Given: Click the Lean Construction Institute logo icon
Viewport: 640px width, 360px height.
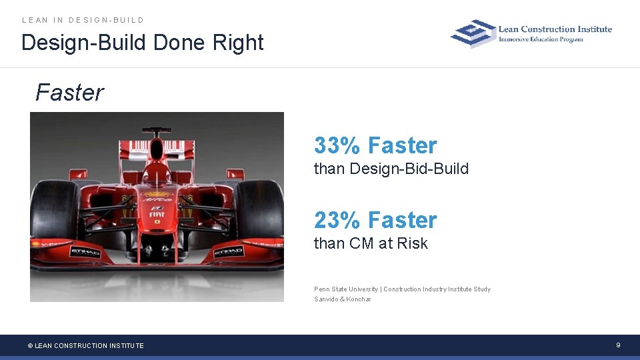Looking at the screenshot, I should (x=473, y=33).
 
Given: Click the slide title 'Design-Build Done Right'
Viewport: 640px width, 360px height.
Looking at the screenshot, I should (x=143, y=43).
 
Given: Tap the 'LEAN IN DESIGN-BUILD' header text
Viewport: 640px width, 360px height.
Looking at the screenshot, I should (x=83, y=20).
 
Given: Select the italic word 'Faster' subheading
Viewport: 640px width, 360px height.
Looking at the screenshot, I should (x=69, y=93).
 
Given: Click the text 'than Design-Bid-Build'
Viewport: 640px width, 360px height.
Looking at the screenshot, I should (x=391, y=169).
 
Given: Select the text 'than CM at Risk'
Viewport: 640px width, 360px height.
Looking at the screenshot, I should (x=371, y=244).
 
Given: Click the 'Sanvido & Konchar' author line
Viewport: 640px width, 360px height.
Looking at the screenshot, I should (x=343, y=299).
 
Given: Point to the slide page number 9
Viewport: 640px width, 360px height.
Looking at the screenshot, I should (x=619, y=345).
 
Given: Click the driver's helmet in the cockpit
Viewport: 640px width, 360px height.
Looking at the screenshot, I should (x=157, y=174).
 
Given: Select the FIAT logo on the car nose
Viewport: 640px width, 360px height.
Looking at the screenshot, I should (x=157, y=214).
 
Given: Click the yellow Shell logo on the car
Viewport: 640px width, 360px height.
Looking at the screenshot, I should (x=157, y=194).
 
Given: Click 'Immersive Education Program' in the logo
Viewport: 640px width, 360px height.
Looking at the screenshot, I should (x=541, y=39).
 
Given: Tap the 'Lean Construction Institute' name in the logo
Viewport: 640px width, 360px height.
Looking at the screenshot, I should (x=555, y=29).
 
